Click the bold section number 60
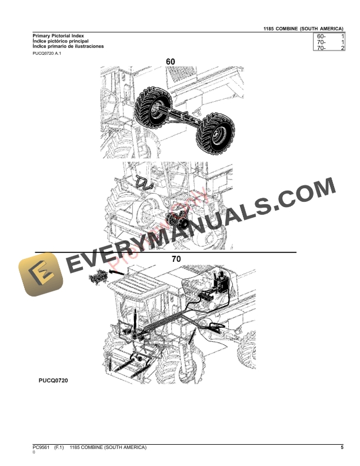click(x=171, y=61)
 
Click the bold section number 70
click(x=176, y=258)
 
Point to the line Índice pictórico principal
click(x=61, y=41)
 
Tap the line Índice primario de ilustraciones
click(x=68, y=46)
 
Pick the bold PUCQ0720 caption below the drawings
click(x=54, y=381)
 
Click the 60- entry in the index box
click(x=321, y=36)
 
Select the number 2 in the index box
click(x=342, y=48)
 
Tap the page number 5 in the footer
click(x=342, y=448)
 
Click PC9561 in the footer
click(x=42, y=448)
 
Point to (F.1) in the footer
click(x=61, y=448)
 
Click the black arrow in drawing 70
click(x=118, y=272)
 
